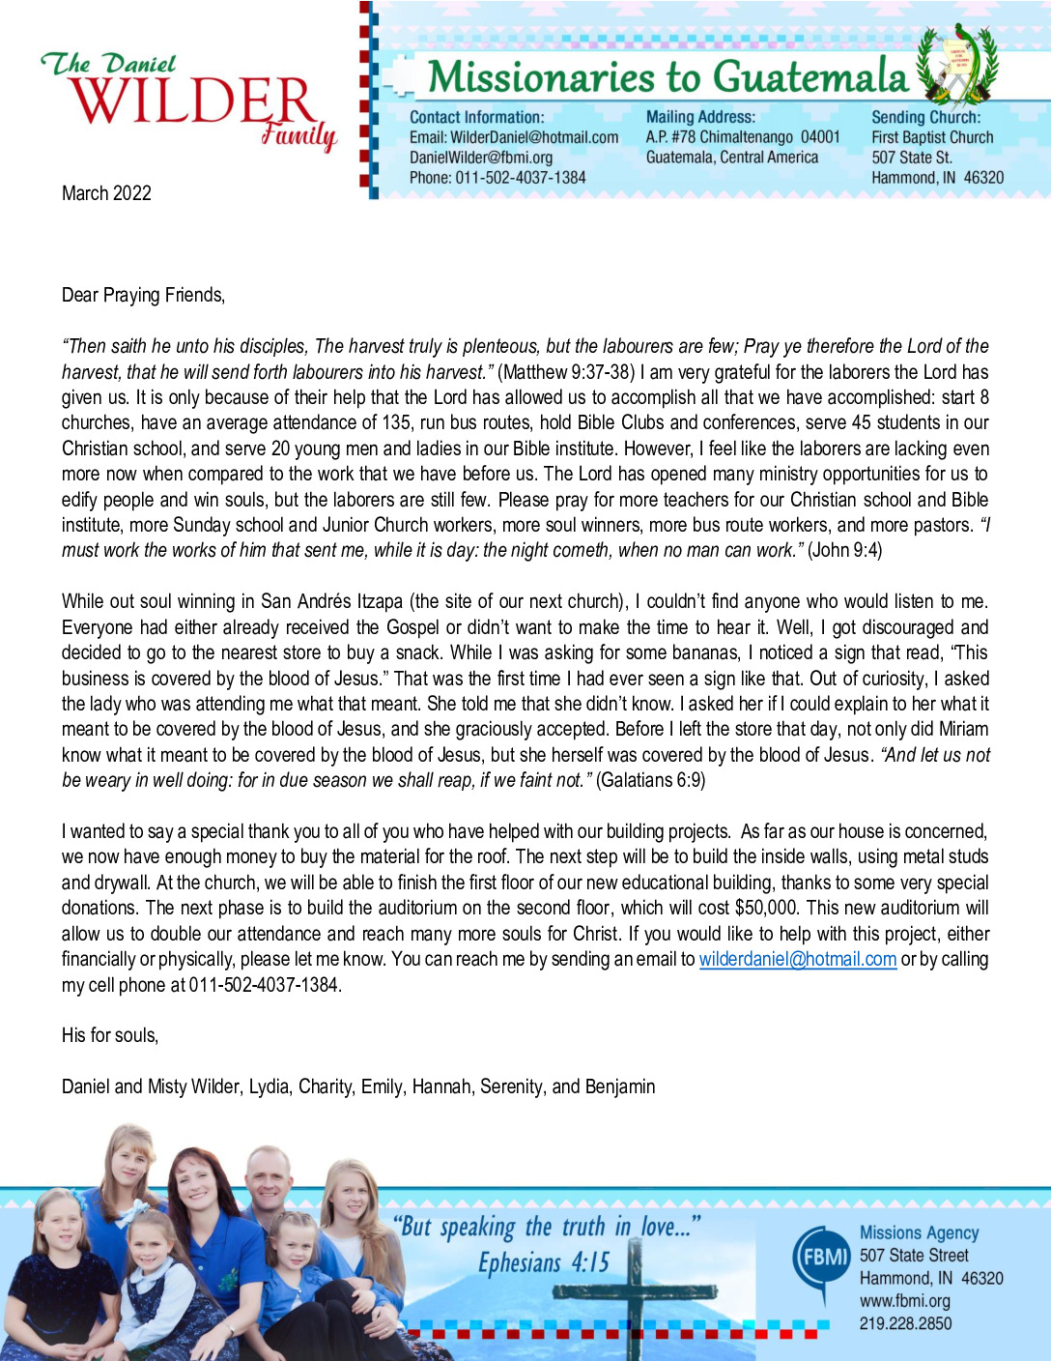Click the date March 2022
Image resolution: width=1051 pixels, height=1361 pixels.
pyautogui.click(x=106, y=193)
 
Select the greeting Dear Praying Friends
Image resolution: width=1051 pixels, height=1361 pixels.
pyautogui.click(x=143, y=295)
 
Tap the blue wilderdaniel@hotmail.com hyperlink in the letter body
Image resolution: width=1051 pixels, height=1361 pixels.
pyautogui.click(x=798, y=959)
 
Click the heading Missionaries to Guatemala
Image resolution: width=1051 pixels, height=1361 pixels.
pyautogui.click(x=668, y=77)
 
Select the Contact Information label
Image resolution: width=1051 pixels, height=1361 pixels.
pyautogui.click(x=476, y=117)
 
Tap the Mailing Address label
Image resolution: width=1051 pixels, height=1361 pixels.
pyautogui.click(x=700, y=117)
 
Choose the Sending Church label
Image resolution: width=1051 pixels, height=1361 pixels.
pyautogui.click(x=925, y=117)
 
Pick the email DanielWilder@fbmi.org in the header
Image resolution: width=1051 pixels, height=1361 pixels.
pyautogui.click(x=481, y=158)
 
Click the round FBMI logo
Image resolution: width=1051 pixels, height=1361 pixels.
pyautogui.click(x=820, y=1258)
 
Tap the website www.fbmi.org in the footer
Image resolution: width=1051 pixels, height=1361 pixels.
pyautogui.click(x=904, y=1301)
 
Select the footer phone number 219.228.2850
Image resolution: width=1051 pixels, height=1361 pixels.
pyautogui.click(x=905, y=1323)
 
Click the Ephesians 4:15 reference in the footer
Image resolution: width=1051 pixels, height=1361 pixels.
pyautogui.click(x=544, y=1262)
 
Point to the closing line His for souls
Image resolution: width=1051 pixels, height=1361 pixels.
pyautogui.click(x=110, y=1035)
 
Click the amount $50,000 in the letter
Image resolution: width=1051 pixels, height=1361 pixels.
pyautogui.click(x=766, y=908)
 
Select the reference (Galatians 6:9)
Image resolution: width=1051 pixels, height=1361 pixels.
pyautogui.click(x=651, y=780)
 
